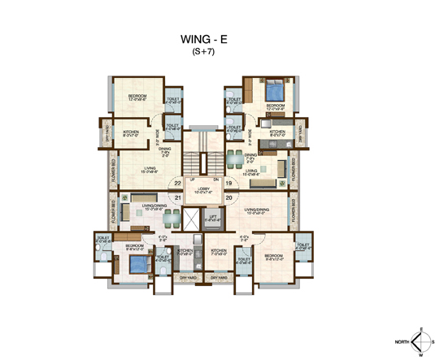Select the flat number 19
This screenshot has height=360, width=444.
click(x=229, y=183)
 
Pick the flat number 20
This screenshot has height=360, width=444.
click(x=229, y=197)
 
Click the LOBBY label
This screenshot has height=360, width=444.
click(x=202, y=188)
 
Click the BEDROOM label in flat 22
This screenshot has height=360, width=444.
click(x=137, y=97)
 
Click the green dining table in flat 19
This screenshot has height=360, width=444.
click(x=234, y=154)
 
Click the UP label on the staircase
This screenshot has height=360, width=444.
click(x=192, y=179)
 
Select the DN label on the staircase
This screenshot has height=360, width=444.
click(x=215, y=179)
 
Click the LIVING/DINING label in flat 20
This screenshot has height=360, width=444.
click(x=268, y=210)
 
